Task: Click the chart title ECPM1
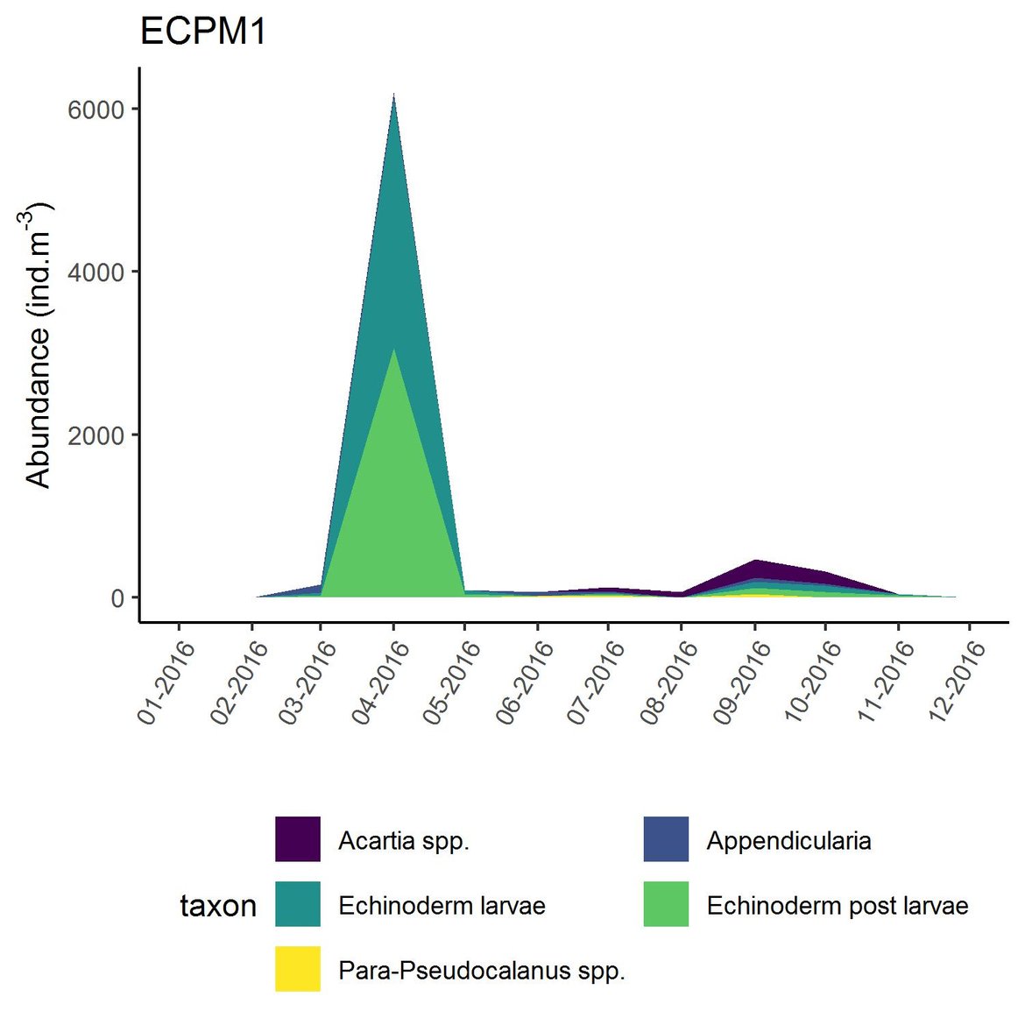[x=203, y=32]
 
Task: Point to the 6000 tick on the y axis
[x=96, y=109]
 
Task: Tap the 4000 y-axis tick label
[x=96, y=272]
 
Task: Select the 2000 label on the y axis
[x=96, y=435]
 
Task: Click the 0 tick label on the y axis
[x=117, y=598]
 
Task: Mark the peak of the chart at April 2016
[x=394, y=95]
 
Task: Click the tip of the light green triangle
[x=394, y=350]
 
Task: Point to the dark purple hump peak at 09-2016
[x=754, y=561]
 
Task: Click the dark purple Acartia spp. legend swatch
[x=297, y=839]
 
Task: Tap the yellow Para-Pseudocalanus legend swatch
[x=297, y=969]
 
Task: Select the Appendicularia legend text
[x=788, y=841]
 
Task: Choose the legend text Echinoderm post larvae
[x=837, y=906]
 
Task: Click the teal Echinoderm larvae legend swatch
[x=297, y=904]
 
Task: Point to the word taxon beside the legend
[x=218, y=906]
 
